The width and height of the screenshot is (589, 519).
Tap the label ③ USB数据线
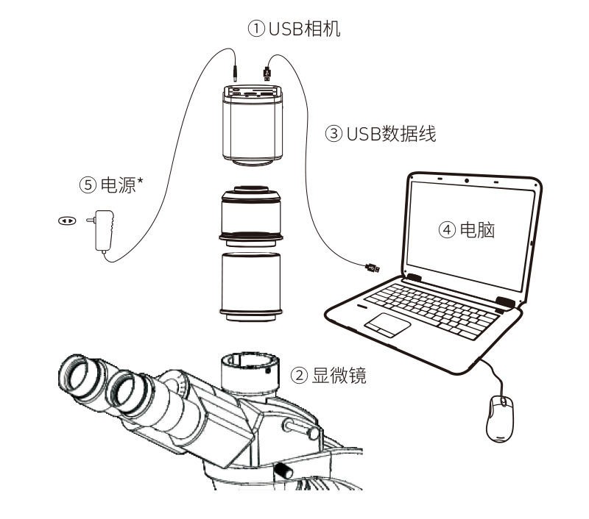point(381,134)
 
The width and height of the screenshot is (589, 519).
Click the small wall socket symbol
point(66,219)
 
